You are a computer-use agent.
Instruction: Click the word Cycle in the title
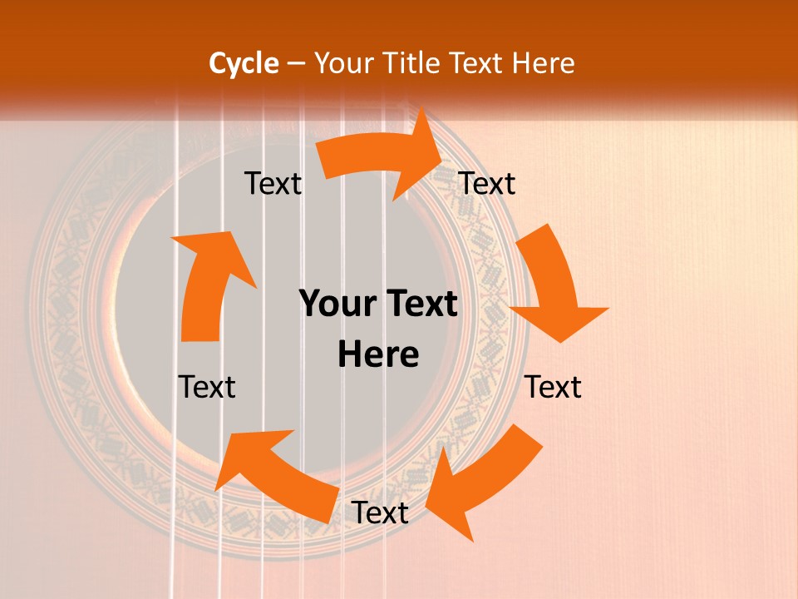[244, 63]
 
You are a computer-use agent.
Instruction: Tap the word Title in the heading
[412, 63]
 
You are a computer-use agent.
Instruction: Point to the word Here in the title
[544, 63]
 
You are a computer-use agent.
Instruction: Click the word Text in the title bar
[477, 63]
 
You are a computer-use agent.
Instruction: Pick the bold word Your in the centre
[337, 304]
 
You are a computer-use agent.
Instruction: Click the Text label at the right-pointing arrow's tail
[273, 184]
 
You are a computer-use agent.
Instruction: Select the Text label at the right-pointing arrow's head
[487, 184]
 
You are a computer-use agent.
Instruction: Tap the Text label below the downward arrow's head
[553, 387]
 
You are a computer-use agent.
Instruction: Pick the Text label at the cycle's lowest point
[380, 512]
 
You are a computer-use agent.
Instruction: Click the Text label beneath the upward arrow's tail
[207, 387]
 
